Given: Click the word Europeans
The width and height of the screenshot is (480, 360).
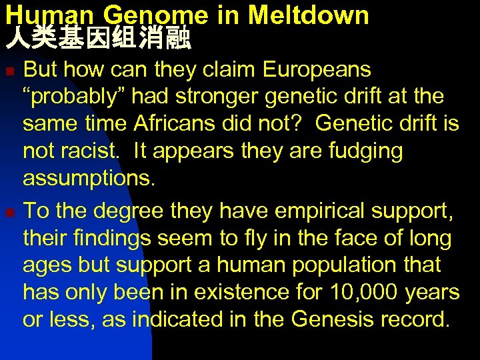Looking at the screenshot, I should (x=317, y=69).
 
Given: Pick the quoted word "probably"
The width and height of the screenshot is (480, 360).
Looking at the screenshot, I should (x=73, y=97).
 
